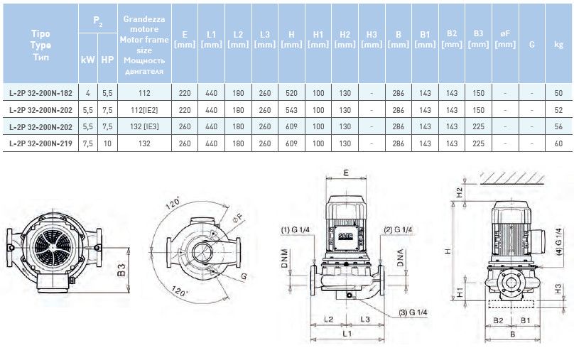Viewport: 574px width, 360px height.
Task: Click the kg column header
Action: (x=558, y=44)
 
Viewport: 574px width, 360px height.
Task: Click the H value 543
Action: (x=291, y=110)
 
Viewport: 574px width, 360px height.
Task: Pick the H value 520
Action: (x=291, y=93)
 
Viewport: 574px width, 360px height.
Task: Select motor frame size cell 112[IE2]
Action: (x=143, y=110)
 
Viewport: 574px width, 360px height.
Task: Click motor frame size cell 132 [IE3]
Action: (x=143, y=127)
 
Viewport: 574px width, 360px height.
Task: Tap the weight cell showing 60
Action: (x=558, y=143)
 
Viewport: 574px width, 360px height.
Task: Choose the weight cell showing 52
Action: (x=558, y=110)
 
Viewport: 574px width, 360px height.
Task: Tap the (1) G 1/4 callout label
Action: (x=294, y=230)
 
